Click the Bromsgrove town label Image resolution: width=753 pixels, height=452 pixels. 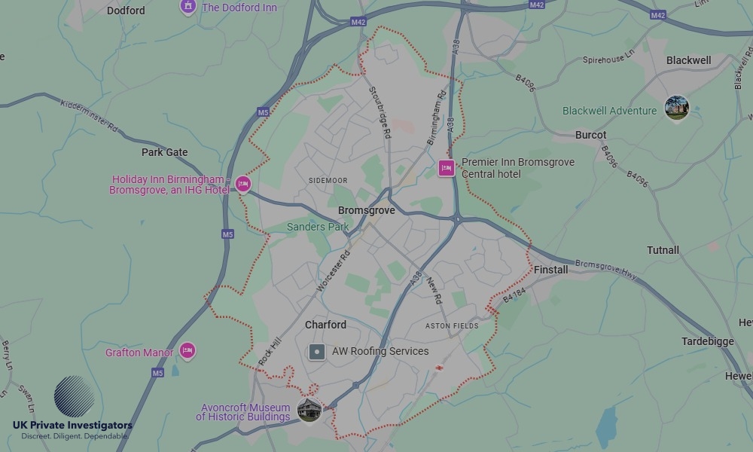coord(366,211)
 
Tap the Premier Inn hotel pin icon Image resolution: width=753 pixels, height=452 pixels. coord(447,168)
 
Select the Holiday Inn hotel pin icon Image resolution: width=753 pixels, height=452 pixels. coord(242,183)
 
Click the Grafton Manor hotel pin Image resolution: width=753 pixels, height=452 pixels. coord(187,351)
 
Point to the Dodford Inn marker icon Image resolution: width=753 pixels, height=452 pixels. coord(187,7)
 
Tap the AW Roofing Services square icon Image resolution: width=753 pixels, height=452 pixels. coord(318,351)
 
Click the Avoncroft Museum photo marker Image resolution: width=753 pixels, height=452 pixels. coord(309,411)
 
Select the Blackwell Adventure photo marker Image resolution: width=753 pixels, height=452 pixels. coord(676,108)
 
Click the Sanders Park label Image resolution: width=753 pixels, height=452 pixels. coord(318,227)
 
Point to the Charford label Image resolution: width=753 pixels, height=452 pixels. coord(325,325)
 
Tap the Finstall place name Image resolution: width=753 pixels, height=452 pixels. coord(550,270)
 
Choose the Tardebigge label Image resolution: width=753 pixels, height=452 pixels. coord(707,341)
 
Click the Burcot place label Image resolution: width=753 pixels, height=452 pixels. coord(590,136)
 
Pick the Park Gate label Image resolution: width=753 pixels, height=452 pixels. coord(164,152)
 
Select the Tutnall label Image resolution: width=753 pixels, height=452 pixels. coord(663,250)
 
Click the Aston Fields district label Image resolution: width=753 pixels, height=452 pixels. coord(452,326)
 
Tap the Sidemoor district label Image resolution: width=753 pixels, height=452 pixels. coord(328,181)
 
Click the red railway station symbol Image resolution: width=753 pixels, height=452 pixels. coord(439,368)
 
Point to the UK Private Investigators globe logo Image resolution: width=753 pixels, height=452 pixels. coord(74,396)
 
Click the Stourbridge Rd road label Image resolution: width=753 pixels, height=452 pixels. coord(380,111)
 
